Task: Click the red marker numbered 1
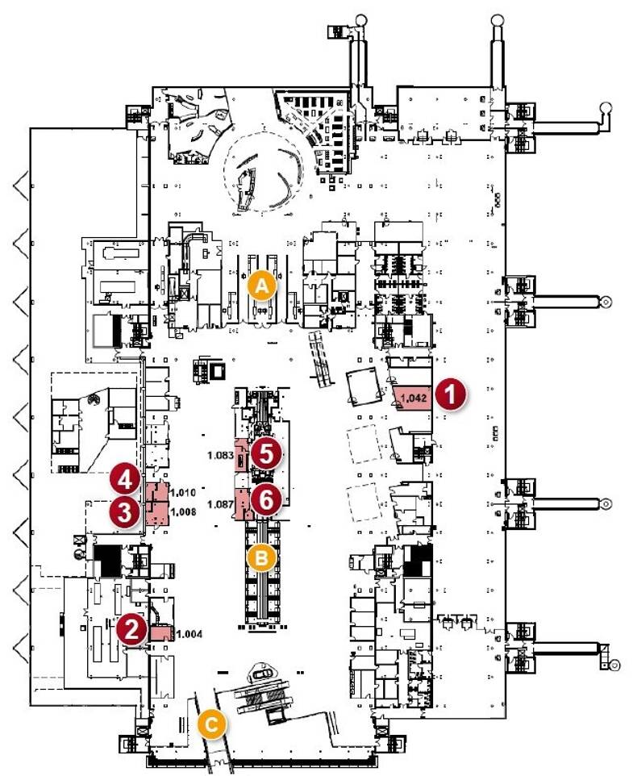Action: [451, 394]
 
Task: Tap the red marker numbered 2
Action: [131, 629]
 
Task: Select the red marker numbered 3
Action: [125, 512]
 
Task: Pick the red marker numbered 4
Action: [125, 479]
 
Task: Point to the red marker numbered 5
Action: [266, 454]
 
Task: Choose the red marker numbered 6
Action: [266, 500]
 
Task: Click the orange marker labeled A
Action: [262, 286]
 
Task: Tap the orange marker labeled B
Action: [261, 557]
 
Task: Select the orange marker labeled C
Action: [211, 725]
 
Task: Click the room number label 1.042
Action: [414, 398]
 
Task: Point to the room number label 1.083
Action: [221, 455]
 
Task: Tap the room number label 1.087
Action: [221, 504]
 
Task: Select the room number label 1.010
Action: [183, 492]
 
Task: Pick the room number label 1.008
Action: [183, 511]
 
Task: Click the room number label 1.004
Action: [189, 634]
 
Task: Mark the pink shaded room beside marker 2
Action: [162, 633]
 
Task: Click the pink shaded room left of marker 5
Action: [241, 454]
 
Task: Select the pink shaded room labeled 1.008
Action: [157, 514]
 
